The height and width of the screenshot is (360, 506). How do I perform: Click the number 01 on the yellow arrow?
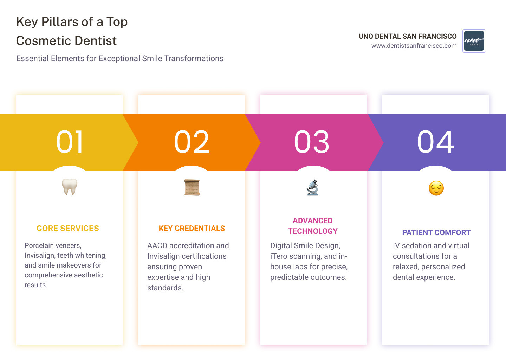[x=70, y=142]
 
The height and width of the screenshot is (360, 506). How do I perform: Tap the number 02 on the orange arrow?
[x=192, y=142]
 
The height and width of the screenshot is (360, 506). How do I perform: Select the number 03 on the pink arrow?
[x=312, y=142]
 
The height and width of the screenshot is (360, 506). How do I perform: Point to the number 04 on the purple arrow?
[x=435, y=142]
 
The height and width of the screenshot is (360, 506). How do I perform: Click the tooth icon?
[x=70, y=187]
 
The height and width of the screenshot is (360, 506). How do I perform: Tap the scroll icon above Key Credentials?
[x=192, y=187]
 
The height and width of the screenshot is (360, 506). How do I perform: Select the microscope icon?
[x=312, y=187]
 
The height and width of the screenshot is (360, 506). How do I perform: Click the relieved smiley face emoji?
[x=436, y=188]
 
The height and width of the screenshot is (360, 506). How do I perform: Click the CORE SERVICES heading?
[x=68, y=229]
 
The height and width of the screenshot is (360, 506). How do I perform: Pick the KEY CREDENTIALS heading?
[x=192, y=229]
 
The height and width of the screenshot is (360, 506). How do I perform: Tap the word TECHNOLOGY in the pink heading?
[x=313, y=231]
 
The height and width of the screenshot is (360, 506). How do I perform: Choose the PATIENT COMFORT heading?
[x=436, y=233]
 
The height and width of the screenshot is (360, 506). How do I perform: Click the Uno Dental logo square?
[x=474, y=41]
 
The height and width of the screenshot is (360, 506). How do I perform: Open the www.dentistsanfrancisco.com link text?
[x=414, y=46]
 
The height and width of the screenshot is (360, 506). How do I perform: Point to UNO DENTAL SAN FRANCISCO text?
[x=408, y=36]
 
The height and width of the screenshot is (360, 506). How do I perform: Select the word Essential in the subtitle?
[x=32, y=58]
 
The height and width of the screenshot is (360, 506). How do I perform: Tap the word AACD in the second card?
[x=157, y=246]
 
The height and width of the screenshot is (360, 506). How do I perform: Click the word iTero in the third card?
[x=278, y=256]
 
